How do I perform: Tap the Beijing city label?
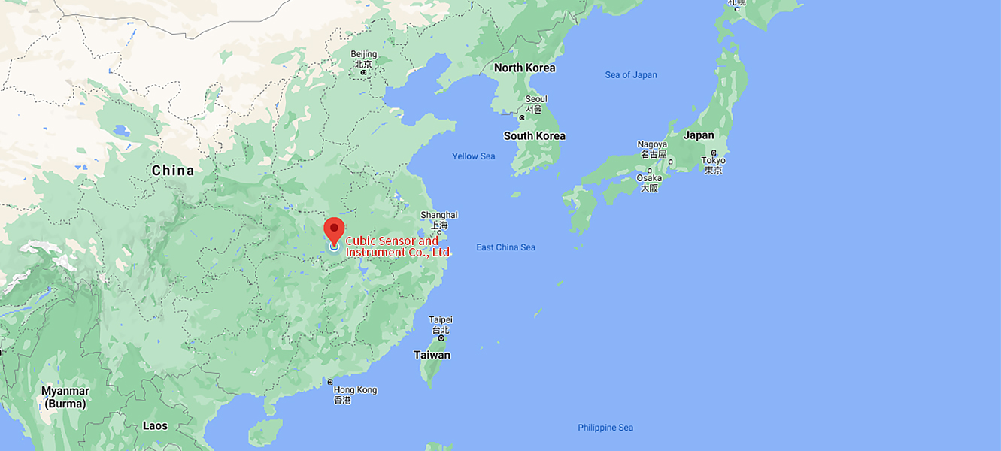click(x=364, y=54)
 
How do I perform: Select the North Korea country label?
click(x=524, y=68)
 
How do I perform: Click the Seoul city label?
click(x=536, y=99)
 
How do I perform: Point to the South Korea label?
click(x=534, y=136)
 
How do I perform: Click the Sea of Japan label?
click(x=631, y=75)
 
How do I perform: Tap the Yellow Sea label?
click(x=473, y=156)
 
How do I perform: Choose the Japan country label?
click(x=699, y=135)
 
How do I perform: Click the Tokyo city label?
click(x=713, y=160)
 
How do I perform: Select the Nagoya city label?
click(x=652, y=144)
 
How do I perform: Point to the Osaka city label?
click(x=649, y=178)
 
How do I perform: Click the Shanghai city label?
click(x=438, y=215)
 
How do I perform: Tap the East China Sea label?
click(x=505, y=247)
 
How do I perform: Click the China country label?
click(x=173, y=171)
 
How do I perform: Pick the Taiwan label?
click(x=432, y=355)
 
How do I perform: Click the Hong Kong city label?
click(x=355, y=389)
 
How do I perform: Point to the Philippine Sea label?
click(x=605, y=428)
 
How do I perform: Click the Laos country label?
click(x=155, y=425)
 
